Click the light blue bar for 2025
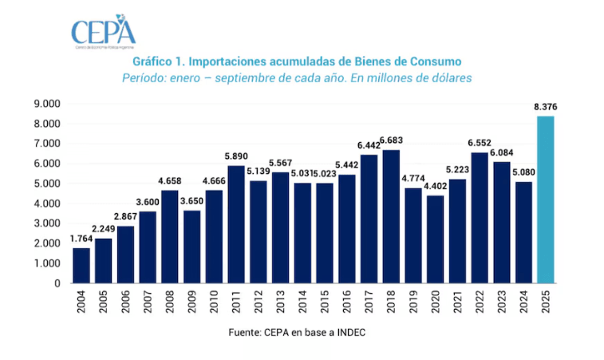pos(545,200)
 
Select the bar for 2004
pos(81,265)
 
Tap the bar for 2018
pos(391,216)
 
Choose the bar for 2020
pos(435,239)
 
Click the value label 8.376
pos(545,108)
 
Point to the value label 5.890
pos(236,156)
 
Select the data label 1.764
pos(81,239)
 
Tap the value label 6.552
pos(479,143)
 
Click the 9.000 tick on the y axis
pos(46,104)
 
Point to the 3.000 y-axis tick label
pos(46,224)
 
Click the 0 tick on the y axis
pos(57,283)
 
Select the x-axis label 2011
pos(236,303)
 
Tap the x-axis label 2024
pos(523,303)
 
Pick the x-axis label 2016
pos(347,303)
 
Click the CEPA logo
pos(103,32)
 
